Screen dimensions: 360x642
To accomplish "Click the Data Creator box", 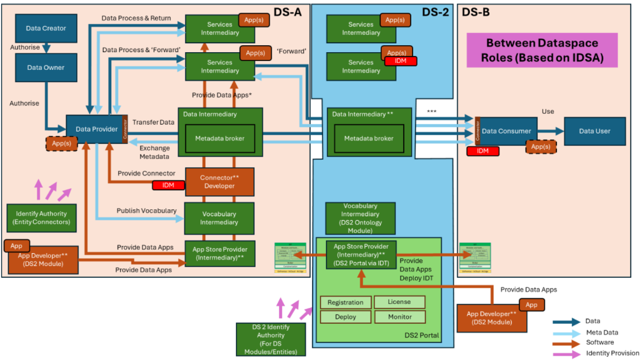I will (x=46, y=29).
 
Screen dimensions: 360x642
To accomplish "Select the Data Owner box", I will (x=46, y=67).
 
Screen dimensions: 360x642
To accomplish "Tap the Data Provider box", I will (x=93, y=129).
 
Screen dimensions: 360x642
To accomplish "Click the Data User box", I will (x=594, y=131).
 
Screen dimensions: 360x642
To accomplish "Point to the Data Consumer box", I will (x=507, y=131).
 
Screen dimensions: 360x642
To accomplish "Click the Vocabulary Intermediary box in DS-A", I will (x=219, y=218).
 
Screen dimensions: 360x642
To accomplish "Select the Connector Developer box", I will (x=219, y=181).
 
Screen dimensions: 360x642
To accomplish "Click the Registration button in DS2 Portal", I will (x=345, y=302).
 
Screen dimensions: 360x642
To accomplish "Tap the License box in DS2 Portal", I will (x=399, y=301).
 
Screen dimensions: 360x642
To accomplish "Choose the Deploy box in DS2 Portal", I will (x=345, y=316).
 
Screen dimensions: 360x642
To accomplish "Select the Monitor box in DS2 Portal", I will (x=399, y=316).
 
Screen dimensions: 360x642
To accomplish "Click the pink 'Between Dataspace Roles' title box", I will (x=543, y=52).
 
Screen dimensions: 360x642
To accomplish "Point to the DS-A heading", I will (x=287, y=12).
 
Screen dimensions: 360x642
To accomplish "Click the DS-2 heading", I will (x=435, y=12).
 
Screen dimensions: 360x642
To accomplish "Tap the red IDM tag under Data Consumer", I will (x=482, y=151).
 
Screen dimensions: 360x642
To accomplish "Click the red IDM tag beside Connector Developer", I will (x=168, y=185).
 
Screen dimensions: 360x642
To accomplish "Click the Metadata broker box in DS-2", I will (x=369, y=138).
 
